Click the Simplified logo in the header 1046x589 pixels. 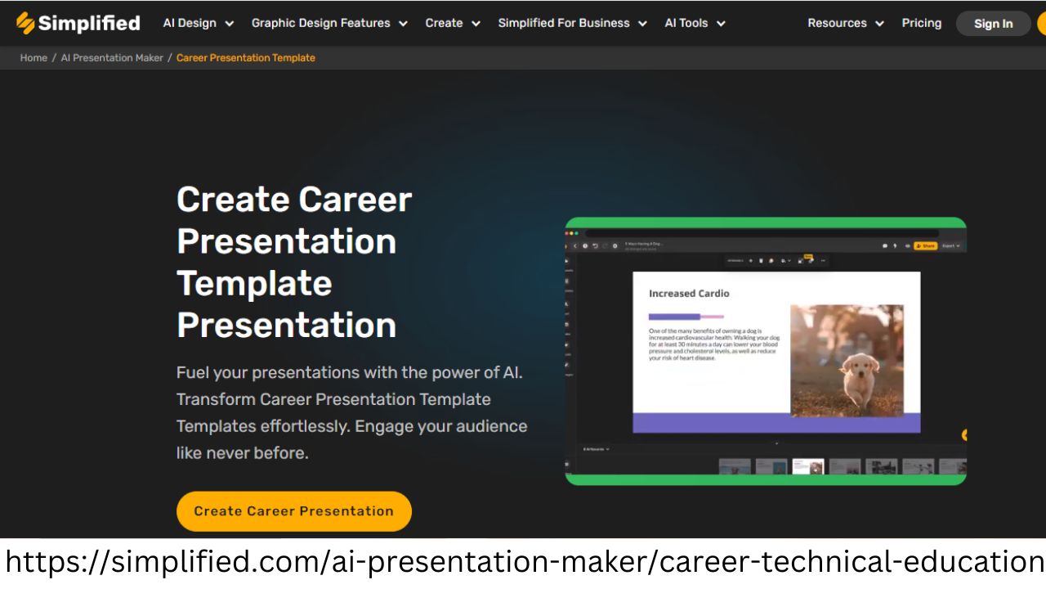coord(78,23)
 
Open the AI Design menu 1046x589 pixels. coord(198,23)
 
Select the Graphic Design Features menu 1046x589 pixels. coord(329,23)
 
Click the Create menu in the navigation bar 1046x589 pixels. coord(452,23)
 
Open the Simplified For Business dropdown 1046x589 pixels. coord(572,23)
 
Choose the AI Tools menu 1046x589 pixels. coord(695,23)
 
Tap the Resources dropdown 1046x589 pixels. coord(845,23)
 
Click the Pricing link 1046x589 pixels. coord(921,23)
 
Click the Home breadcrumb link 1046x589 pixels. coord(34,58)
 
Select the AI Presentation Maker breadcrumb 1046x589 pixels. coord(112,58)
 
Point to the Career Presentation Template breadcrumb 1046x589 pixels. coord(245,58)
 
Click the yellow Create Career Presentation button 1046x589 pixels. coord(294,511)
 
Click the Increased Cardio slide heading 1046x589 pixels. coord(689,294)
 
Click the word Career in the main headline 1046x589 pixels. coord(355,200)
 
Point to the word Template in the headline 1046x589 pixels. coord(254,284)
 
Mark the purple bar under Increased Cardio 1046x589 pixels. coord(675,317)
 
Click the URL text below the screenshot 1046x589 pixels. coord(523,563)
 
